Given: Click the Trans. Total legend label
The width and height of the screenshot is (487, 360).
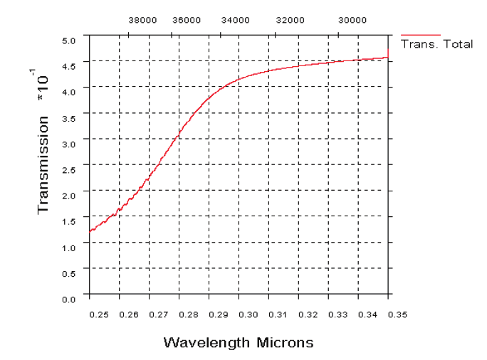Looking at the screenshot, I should (x=437, y=44).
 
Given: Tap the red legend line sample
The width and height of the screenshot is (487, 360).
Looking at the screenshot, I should (x=421, y=34).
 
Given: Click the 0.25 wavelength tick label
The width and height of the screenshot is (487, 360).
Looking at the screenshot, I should (x=98, y=313).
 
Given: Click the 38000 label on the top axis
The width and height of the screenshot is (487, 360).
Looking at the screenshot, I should (x=142, y=21).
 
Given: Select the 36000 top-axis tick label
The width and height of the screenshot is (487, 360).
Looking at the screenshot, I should (x=187, y=21).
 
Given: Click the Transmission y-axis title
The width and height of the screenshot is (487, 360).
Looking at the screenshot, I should (x=43, y=165).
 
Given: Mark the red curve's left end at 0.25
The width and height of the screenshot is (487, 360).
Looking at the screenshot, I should (x=90, y=231).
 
